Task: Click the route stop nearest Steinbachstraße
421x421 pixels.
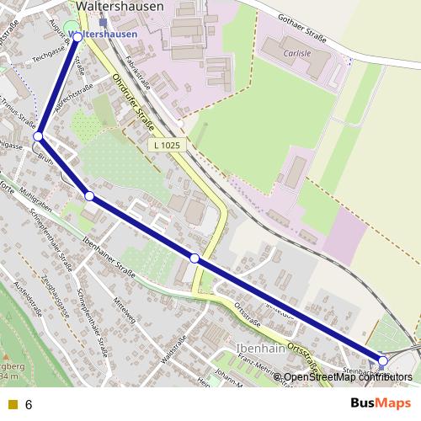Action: coord(382,360)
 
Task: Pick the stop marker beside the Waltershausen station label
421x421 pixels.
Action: coord(78,36)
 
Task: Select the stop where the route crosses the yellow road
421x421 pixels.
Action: coord(195,258)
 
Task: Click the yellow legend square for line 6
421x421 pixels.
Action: coord(12,404)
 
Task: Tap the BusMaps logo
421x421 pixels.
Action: coord(380,402)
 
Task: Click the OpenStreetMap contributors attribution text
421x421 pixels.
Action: coord(348,377)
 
